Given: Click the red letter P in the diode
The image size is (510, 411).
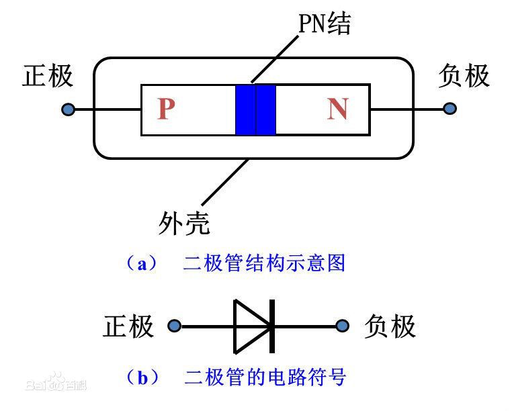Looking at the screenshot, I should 166,109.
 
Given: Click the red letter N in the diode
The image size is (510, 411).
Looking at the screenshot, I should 337,109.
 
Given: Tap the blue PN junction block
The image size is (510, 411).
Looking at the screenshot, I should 255,109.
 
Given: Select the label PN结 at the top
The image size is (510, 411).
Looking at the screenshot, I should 325,24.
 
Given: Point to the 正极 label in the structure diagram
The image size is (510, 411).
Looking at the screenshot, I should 48,76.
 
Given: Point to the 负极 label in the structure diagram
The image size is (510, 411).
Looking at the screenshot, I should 464,76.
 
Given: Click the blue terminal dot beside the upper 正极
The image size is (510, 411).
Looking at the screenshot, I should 68,109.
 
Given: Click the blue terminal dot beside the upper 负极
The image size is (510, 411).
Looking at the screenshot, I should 450,108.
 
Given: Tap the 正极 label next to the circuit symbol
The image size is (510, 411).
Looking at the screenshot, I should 128,327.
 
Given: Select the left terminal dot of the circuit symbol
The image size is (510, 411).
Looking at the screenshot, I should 175,326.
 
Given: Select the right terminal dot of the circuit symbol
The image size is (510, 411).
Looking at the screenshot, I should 343,326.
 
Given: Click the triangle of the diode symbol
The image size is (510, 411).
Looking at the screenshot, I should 249,326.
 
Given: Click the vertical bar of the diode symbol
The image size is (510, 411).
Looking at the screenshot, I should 272,326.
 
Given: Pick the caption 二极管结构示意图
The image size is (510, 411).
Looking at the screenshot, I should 264,263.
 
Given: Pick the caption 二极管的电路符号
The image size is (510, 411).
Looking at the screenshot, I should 265,377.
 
